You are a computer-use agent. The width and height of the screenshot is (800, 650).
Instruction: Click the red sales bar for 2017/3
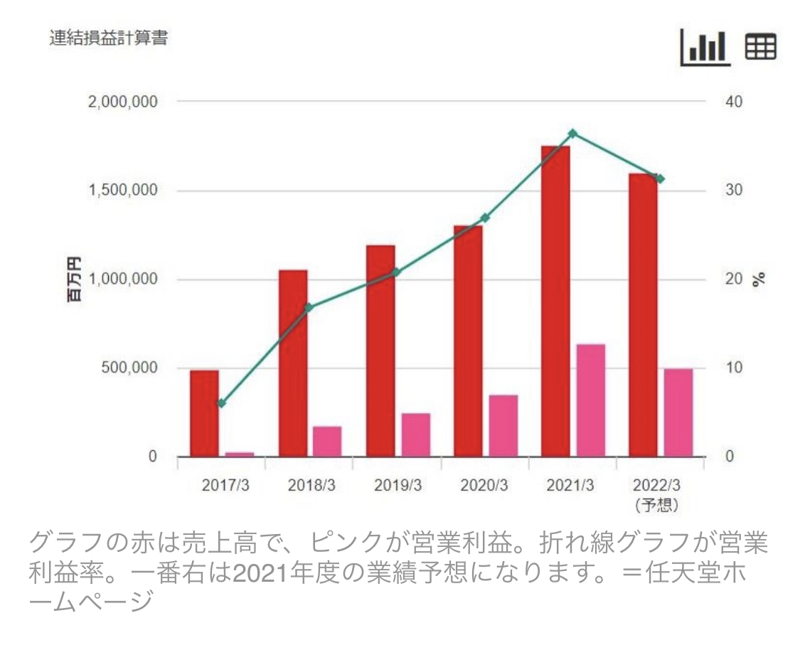(x=204, y=413)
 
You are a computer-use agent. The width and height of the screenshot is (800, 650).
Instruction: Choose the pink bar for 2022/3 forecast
(x=678, y=412)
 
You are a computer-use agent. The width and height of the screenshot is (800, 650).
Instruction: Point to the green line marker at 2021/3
(x=572, y=134)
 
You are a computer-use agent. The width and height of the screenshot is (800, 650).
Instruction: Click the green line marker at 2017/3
(x=221, y=403)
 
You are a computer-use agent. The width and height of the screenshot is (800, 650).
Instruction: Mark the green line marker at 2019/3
(x=397, y=272)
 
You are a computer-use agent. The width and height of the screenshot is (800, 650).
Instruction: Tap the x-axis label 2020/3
(x=485, y=486)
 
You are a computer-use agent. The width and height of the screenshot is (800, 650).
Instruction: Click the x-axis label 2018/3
(x=311, y=486)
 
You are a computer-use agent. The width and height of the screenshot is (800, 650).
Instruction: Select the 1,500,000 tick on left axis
(x=122, y=191)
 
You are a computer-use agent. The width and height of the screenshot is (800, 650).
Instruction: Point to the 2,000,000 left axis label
(x=122, y=102)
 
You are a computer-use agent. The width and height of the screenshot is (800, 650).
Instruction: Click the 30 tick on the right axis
(x=734, y=191)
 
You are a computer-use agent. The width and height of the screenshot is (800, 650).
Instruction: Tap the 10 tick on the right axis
(x=734, y=368)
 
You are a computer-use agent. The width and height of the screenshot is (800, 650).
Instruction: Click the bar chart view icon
(x=705, y=46)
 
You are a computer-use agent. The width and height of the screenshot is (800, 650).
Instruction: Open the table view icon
(x=760, y=47)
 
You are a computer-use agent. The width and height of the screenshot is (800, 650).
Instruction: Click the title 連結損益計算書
(x=108, y=38)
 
